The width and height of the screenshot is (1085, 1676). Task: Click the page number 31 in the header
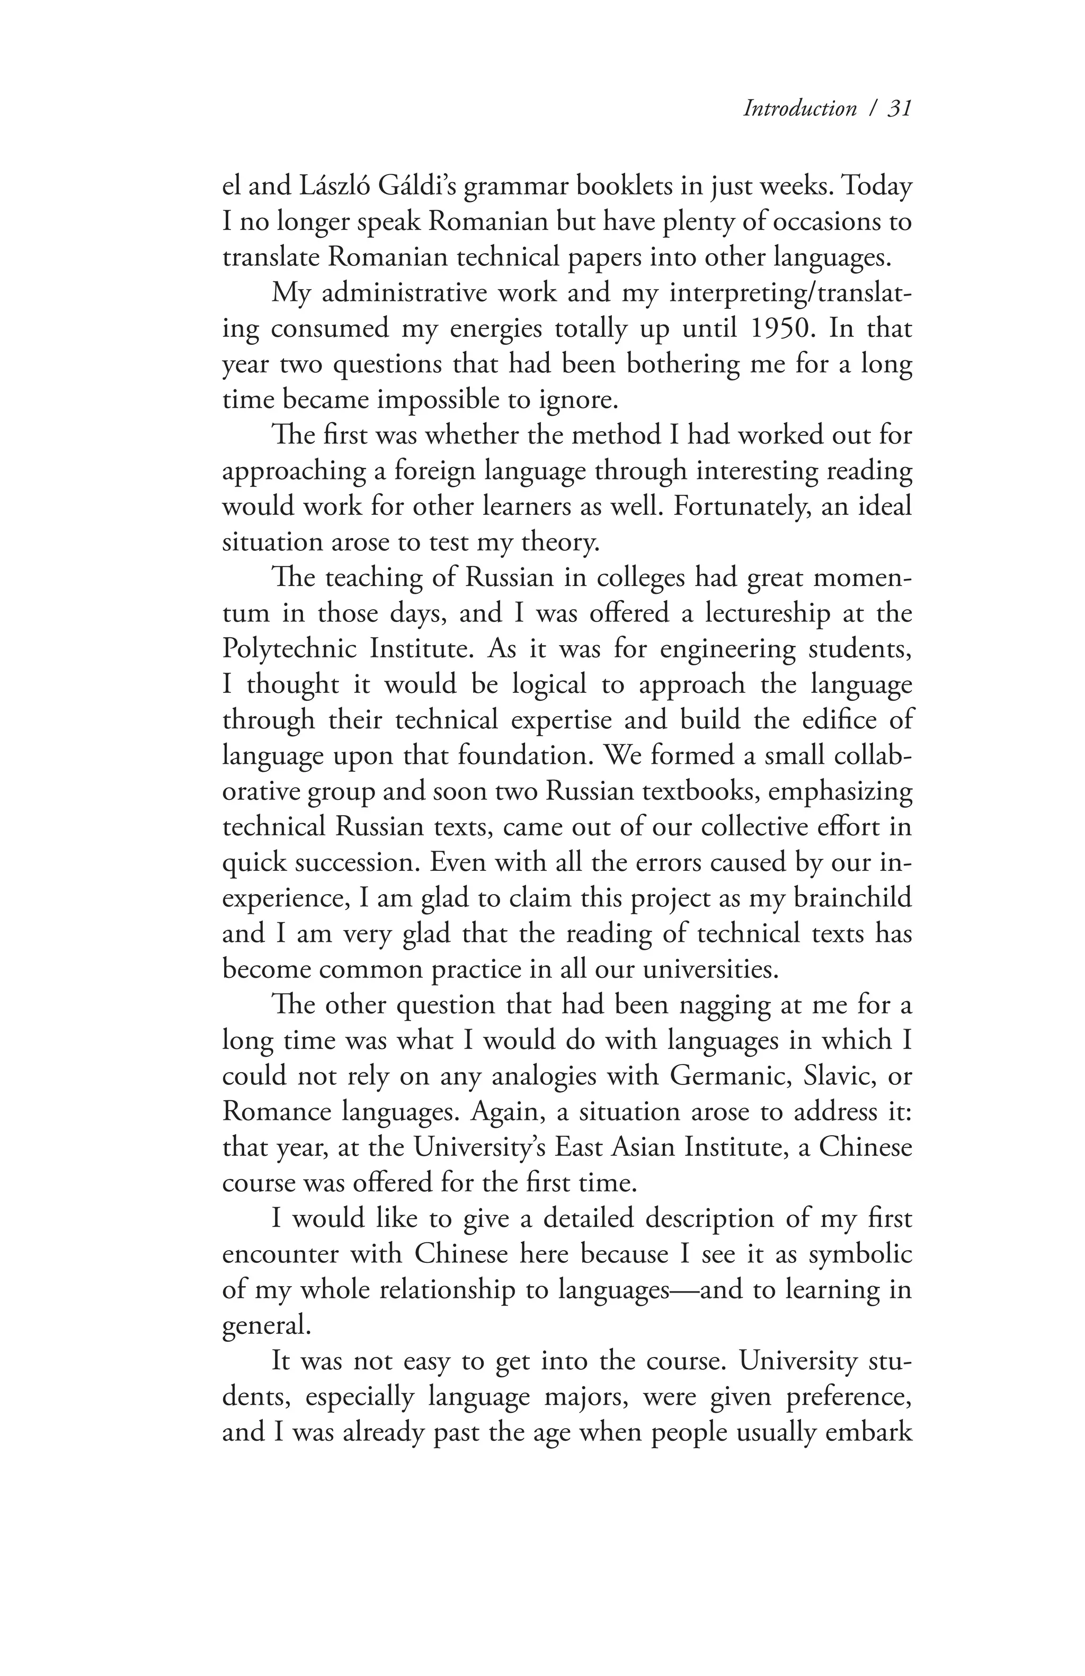tap(899, 108)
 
